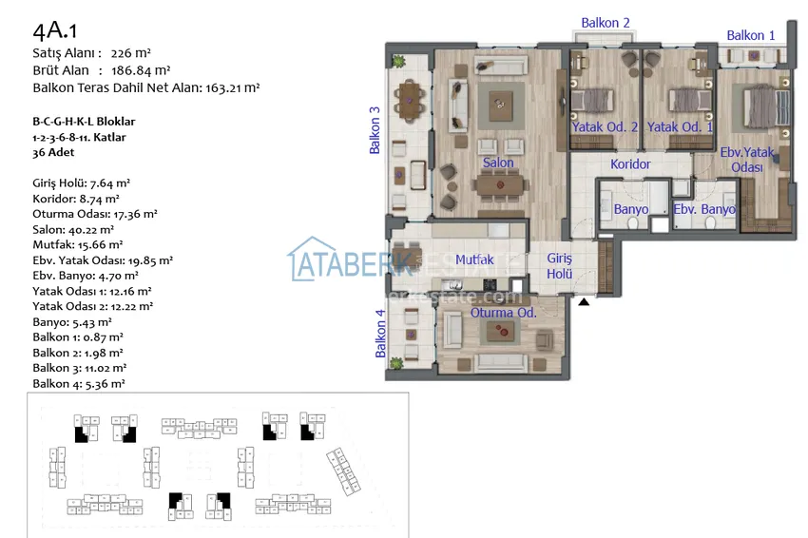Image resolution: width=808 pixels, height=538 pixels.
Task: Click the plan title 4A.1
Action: click(54, 31)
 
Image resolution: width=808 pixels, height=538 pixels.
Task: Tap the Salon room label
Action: click(498, 163)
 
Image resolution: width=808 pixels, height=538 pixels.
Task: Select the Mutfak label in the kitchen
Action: click(474, 259)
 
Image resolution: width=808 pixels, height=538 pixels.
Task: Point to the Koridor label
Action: click(630, 164)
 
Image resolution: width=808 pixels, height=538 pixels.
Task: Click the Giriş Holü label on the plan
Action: click(560, 266)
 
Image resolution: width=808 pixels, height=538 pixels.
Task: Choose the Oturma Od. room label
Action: click(503, 313)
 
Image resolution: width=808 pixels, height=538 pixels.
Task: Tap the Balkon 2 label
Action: click(605, 23)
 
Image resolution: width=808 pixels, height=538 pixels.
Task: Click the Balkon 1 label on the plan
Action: click(750, 35)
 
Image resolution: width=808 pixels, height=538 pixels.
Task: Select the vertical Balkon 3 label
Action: click(375, 130)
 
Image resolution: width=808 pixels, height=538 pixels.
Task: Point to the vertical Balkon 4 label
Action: click(380, 334)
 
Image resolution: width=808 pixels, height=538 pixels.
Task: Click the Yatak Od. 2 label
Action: click(605, 126)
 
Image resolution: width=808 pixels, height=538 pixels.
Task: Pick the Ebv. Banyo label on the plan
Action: click(703, 209)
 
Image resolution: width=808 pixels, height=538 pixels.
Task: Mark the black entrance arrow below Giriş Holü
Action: click(584, 301)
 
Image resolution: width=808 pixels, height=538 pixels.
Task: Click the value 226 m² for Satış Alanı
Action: click(130, 53)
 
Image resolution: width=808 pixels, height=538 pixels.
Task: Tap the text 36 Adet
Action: click(53, 152)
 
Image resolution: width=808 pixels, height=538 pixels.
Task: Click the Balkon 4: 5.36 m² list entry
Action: click(79, 383)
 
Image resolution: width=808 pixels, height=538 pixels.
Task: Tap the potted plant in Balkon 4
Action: click(396, 364)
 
